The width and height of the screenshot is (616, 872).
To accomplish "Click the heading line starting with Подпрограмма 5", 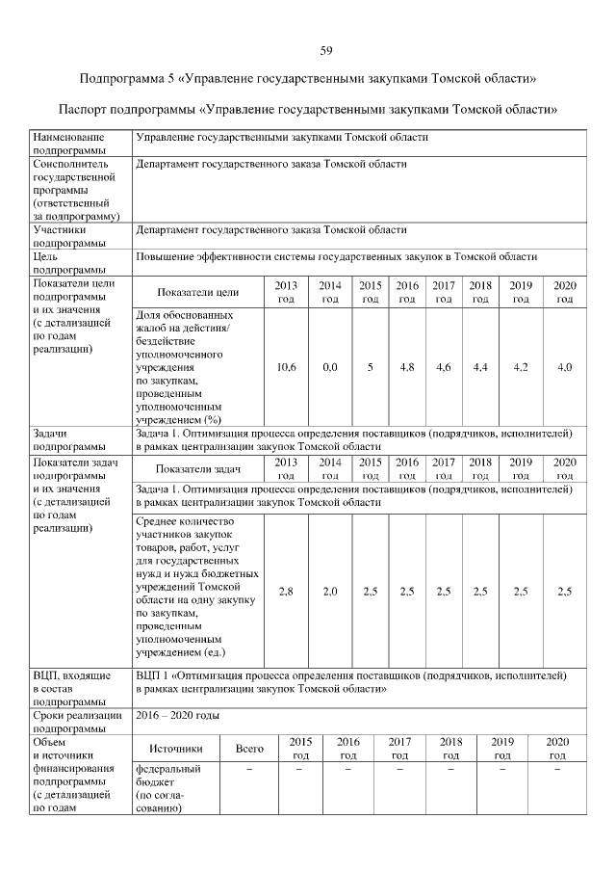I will click(x=308, y=78).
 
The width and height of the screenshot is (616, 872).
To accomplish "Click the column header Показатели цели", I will click(x=198, y=292).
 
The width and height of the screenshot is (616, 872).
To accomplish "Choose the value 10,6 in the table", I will click(x=286, y=367).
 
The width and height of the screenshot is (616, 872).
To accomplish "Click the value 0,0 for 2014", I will click(x=330, y=367).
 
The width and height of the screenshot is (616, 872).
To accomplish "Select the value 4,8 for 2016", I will click(x=406, y=367).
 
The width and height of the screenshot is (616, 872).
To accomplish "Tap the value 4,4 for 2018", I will click(x=479, y=367).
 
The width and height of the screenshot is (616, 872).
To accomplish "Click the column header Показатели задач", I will click(x=198, y=469).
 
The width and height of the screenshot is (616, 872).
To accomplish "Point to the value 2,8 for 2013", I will click(x=286, y=592).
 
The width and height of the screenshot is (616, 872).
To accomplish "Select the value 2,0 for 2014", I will click(x=330, y=592).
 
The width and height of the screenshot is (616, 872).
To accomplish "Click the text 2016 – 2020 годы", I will click(x=178, y=716).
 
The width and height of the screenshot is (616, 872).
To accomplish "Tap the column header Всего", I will click(x=250, y=748).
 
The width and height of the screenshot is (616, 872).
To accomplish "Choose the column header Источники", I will click(x=176, y=748).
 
